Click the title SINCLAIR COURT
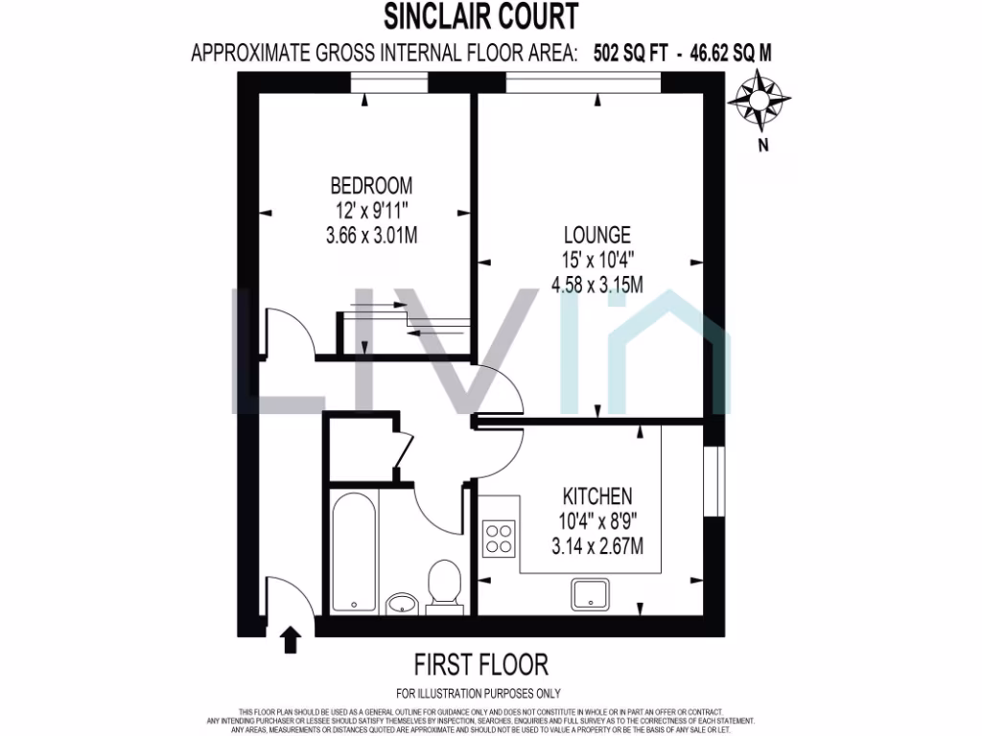pos(480,16)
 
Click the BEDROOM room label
pos(371,185)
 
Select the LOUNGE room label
pos(596,234)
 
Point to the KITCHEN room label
pos(596,496)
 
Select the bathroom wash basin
pos(401,603)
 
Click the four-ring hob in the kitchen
pos(499,537)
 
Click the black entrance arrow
pos(290,639)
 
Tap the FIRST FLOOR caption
pos(480,663)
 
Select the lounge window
pos(583,88)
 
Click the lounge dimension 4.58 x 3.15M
pos(596,285)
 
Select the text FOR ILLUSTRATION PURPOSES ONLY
pos(479,693)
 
